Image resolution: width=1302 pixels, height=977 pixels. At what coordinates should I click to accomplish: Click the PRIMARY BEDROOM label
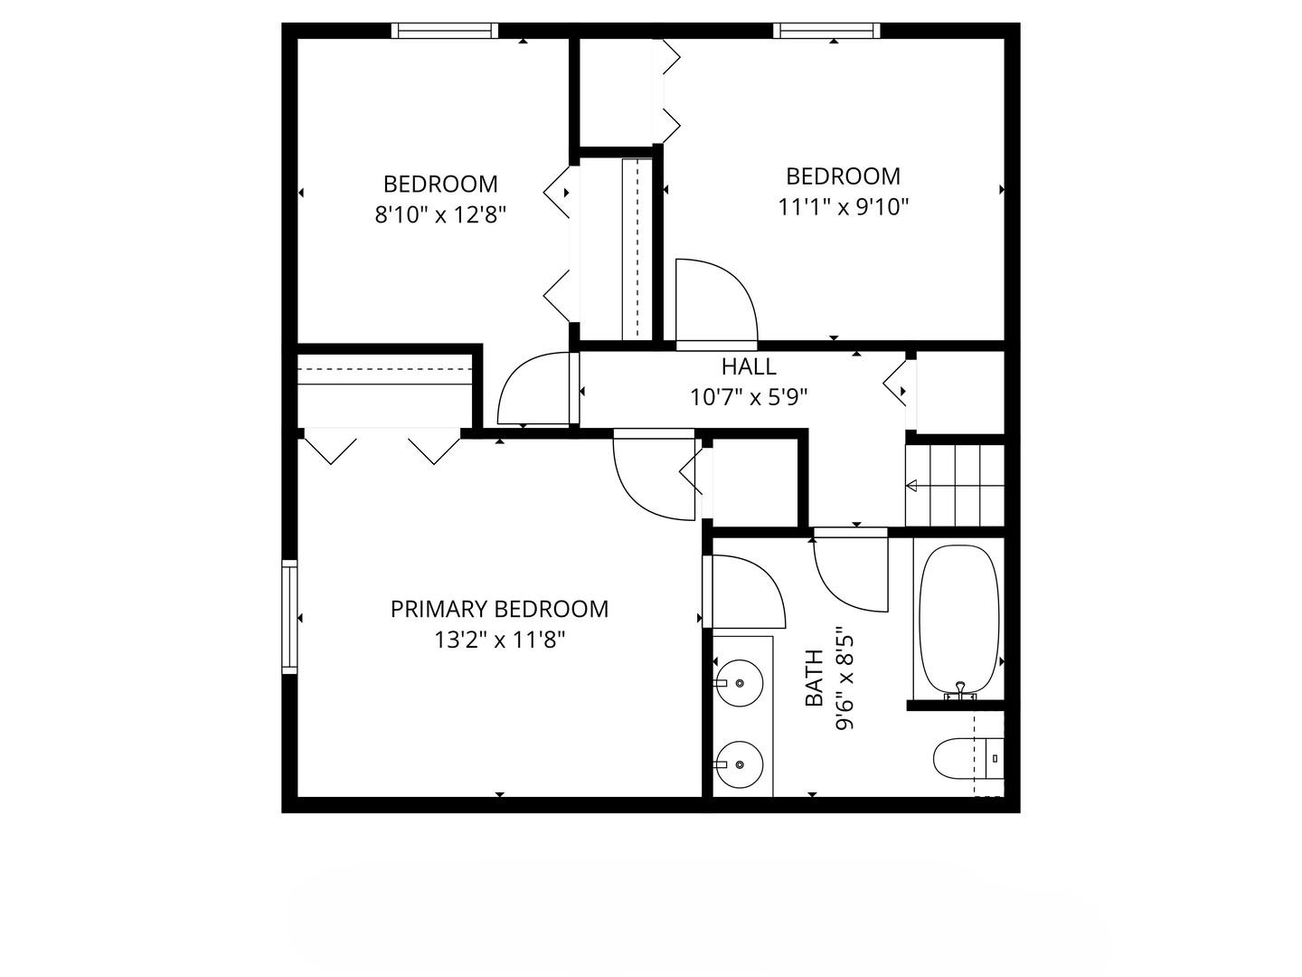499,609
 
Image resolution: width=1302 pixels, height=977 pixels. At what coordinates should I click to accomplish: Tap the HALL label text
749,366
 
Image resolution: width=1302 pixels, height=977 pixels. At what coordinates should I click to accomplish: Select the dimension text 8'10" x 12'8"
440,214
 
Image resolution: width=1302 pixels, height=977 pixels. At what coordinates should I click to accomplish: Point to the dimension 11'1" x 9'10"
843,207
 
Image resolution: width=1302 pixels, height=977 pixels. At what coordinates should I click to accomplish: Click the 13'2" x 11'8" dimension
499,640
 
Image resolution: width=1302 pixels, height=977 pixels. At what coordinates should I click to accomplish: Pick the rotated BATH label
815,678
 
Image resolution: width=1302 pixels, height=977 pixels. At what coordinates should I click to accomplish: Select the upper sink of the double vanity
738,683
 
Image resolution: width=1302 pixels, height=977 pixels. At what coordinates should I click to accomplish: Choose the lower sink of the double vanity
738,764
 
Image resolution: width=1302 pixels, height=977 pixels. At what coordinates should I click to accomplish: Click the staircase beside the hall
955,485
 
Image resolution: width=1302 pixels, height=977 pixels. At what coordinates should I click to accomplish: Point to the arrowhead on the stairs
911,486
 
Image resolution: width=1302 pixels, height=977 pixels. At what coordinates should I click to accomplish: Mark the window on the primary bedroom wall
289,617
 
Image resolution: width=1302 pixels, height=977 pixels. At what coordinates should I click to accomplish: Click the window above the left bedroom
445,30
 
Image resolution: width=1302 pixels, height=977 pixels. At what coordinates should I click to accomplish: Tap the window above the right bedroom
826,30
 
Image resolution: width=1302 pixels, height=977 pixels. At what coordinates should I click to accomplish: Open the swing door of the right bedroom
716,302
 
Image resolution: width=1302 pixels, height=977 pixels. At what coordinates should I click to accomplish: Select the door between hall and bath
851,570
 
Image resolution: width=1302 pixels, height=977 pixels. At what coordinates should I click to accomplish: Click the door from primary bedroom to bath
744,592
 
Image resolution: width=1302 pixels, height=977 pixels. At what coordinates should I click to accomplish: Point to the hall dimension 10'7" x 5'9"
749,397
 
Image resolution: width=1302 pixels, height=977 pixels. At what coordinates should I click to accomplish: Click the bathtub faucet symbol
960,692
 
